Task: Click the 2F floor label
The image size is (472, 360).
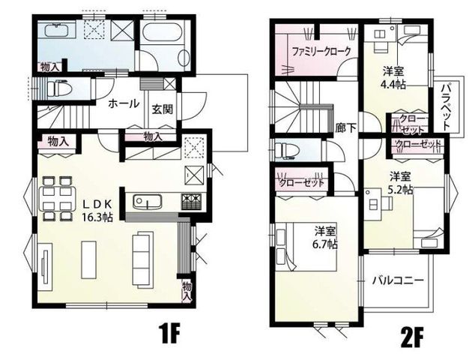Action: pos(411,338)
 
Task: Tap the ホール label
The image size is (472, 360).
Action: pos(124,103)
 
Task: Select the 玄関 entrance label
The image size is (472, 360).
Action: pos(162,109)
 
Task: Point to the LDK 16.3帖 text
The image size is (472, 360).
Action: pos(98,210)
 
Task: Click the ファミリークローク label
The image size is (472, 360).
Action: pos(321,52)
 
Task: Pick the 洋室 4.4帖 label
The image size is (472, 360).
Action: pos(393,78)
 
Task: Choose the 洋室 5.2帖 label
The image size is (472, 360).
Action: pos(401,182)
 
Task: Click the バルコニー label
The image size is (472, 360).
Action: pos(398,280)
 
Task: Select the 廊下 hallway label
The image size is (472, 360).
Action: pos(346,127)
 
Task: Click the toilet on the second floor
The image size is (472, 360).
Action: pos(287,150)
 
